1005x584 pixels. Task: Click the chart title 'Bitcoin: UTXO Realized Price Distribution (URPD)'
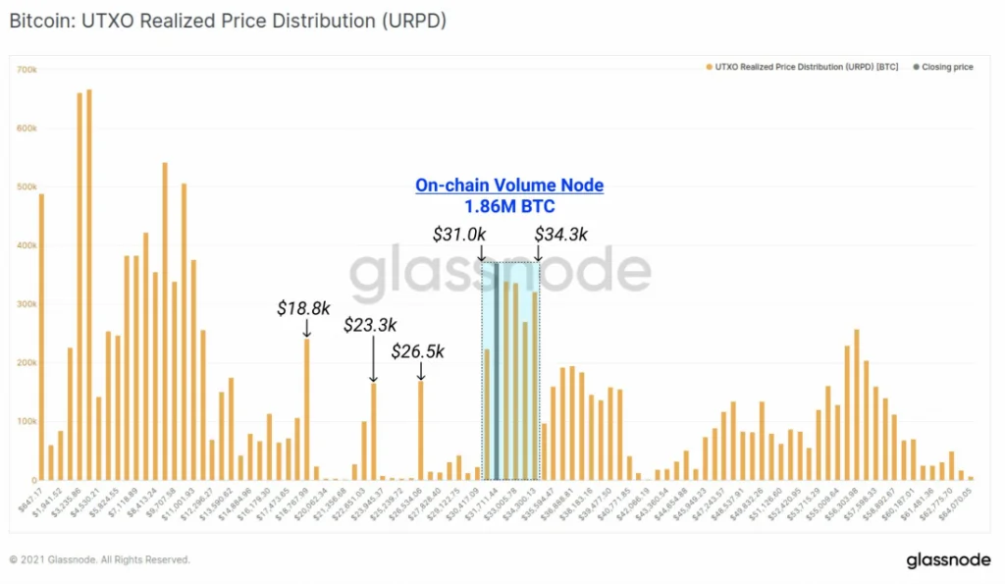(x=228, y=20)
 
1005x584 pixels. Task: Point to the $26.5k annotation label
(x=418, y=350)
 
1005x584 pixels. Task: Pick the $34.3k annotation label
(x=560, y=235)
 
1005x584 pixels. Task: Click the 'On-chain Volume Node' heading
(x=508, y=185)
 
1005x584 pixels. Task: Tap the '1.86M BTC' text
(x=508, y=206)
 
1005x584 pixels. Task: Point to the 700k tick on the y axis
(x=26, y=70)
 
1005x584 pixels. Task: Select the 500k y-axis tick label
(x=26, y=186)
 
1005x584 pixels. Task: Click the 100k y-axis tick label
(x=26, y=421)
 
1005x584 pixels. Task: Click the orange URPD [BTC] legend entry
(x=800, y=68)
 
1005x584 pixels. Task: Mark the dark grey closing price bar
(x=497, y=373)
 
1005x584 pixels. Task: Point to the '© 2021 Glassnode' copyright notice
(x=99, y=560)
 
